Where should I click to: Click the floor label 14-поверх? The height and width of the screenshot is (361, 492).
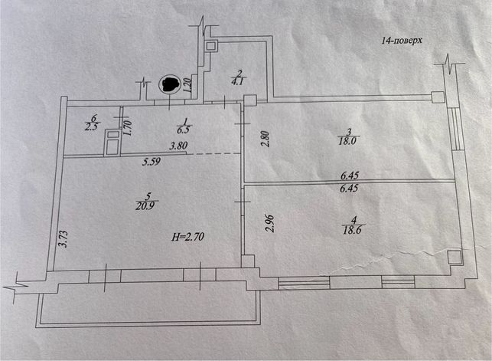click(x=402, y=41)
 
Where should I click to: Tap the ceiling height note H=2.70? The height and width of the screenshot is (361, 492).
click(x=187, y=237)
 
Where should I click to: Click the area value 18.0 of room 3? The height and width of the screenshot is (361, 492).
click(x=348, y=141)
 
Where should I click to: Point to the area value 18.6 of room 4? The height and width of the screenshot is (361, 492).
click(x=353, y=230)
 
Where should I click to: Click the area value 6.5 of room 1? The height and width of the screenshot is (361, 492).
click(x=184, y=130)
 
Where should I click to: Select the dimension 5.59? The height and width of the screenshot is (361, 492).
click(x=152, y=162)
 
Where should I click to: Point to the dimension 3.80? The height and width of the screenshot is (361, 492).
click(x=178, y=146)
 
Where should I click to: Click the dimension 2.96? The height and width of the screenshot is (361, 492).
click(x=270, y=223)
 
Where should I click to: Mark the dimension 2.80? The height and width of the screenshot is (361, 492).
click(x=266, y=139)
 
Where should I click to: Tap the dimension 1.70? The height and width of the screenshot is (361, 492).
click(x=127, y=129)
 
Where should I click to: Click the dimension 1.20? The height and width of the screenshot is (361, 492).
click(x=187, y=85)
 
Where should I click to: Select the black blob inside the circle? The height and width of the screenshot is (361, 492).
click(x=168, y=84)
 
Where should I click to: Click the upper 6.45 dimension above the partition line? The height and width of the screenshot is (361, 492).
click(x=350, y=175)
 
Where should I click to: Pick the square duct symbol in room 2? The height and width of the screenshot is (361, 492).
click(x=211, y=47)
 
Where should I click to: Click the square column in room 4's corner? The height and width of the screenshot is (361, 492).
click(x=454, y=257)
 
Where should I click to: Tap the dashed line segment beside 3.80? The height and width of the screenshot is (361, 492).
click(x=214, y=153)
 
